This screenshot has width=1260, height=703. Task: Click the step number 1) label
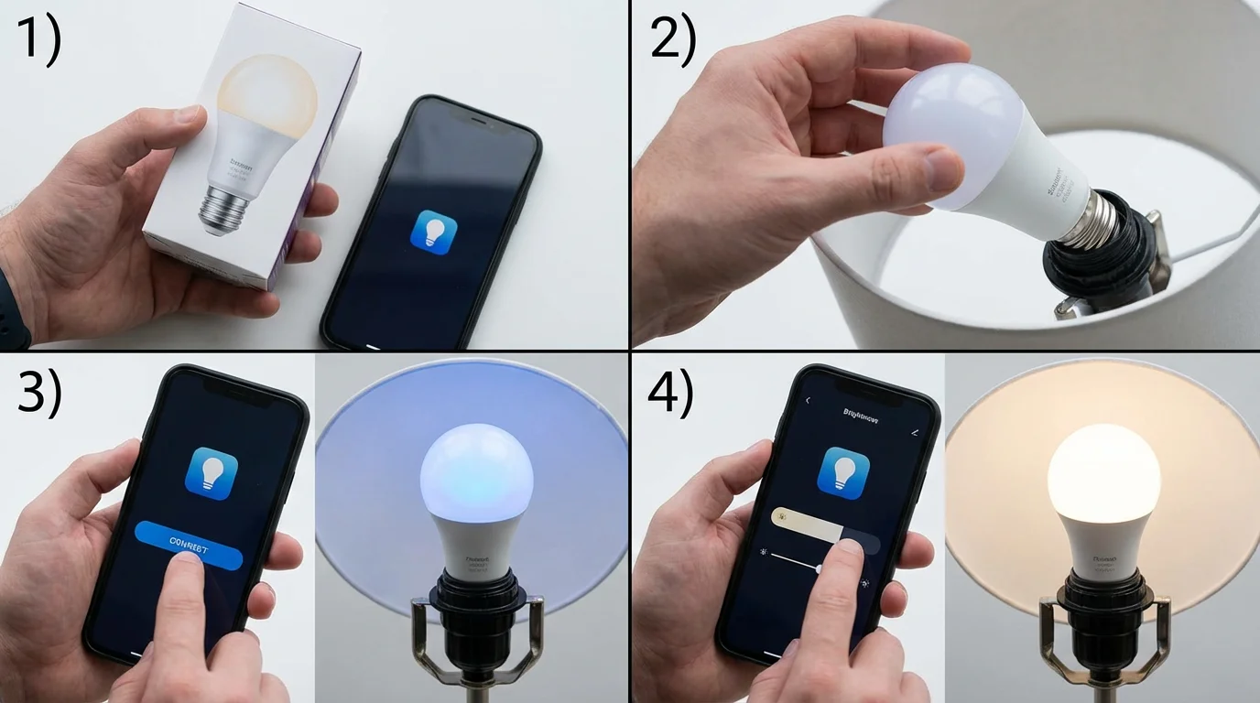click(x=38, y=40)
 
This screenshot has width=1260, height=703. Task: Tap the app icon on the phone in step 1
click(x=434, y=230)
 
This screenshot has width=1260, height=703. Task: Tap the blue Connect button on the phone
click(x=189, y=546)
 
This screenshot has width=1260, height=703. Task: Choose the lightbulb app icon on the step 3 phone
click(x=211, y=472)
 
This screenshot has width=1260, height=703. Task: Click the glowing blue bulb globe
click(x=475, y=471)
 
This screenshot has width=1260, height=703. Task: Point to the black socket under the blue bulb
click(x=476, y=609)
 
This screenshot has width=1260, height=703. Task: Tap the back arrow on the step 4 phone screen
click(x=808, y=401)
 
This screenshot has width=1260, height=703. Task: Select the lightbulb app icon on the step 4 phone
click(x=842, y=472)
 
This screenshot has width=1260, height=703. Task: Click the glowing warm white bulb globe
click(x=1103, y=473)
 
